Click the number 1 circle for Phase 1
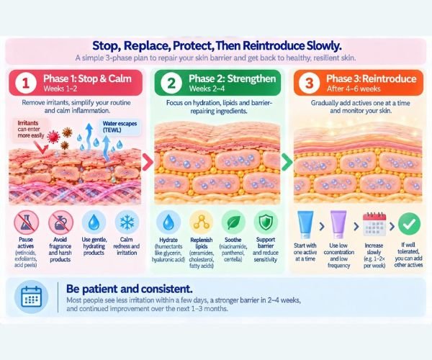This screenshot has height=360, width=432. tap(26, 83)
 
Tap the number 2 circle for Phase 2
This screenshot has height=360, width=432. tap(171, 83)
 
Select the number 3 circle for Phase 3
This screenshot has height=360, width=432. tap(309, 83)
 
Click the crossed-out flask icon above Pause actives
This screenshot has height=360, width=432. tap(27, 222)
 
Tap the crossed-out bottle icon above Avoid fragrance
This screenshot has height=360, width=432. tap(60, 222)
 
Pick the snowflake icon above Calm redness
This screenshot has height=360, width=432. tap(127, 222)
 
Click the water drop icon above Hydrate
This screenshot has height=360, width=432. tap(168, 222)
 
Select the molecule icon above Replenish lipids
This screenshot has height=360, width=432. tap(202, 222)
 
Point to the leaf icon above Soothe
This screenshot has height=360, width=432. tap(233, 222)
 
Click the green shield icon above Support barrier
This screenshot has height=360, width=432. tap(266, 222)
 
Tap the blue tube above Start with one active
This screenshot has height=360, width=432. tap(305, 225)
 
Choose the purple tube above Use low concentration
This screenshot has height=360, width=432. tap(338, 225)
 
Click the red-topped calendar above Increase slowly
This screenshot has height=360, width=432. tap(374, 224)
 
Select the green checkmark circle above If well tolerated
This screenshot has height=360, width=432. tap(409, 224)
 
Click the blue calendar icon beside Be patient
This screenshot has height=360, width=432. tap(32, 297)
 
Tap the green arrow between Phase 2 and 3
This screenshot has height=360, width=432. tap(287, 163)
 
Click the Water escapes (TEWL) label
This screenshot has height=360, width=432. tap(120, 127)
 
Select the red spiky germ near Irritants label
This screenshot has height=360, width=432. tap(53, 137)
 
